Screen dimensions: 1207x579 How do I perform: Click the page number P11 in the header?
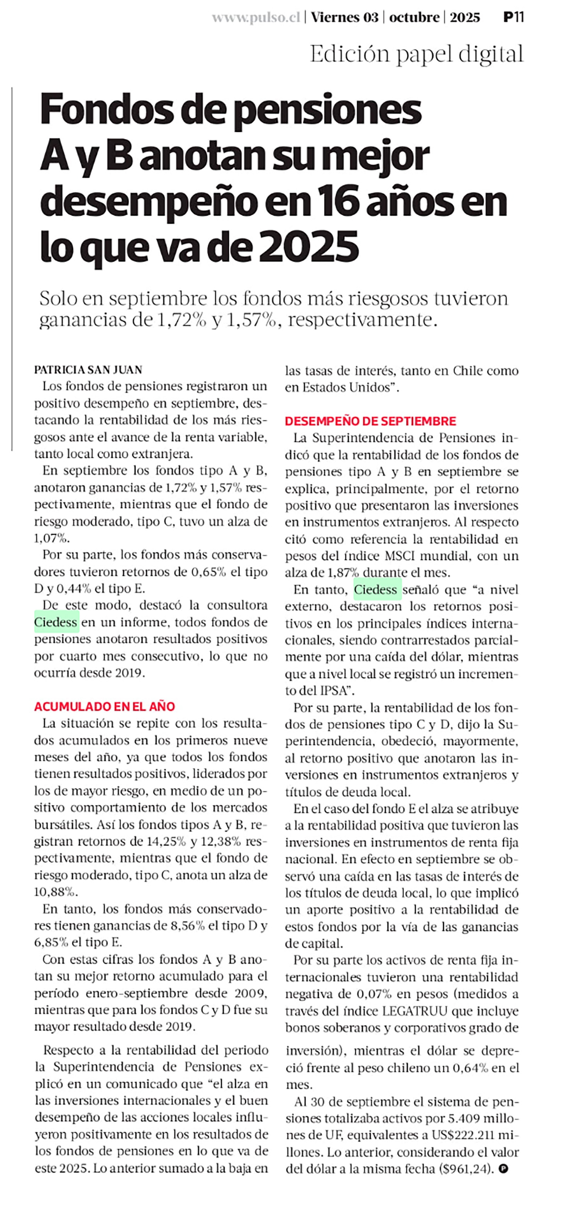click(513, 17)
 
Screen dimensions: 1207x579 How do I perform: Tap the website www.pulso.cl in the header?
click(256, 18)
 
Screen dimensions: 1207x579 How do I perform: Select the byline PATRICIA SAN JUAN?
click(88, 370)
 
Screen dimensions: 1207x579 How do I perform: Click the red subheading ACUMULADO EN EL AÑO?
click(105, 706)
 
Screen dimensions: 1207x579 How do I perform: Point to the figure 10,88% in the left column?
click(54, 891)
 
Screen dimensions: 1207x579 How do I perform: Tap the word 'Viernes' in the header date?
click(337, 18)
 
